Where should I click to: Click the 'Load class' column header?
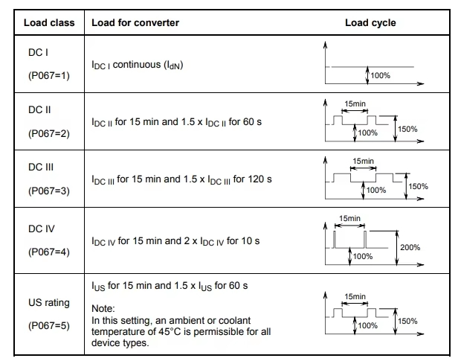[x=49, y=22]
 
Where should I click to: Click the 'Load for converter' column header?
[x=135, y=22]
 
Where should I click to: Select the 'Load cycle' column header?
[x=370, y=22]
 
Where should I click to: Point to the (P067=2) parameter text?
[x=49, y=133]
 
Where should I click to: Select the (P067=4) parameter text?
[x=49, y=252]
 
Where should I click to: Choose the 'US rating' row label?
[x=49, y=303]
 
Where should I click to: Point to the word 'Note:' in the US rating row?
[x=103, y=309]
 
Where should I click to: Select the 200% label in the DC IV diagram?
[x=410, y=246]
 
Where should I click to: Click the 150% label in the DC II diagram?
[x=407, y=129]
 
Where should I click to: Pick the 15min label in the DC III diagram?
[x=364, y=161]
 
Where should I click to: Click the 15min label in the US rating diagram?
[x=355, y=297]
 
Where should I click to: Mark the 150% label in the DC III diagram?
[x=418, y=186]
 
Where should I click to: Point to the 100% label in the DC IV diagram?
[x=363, y=256]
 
